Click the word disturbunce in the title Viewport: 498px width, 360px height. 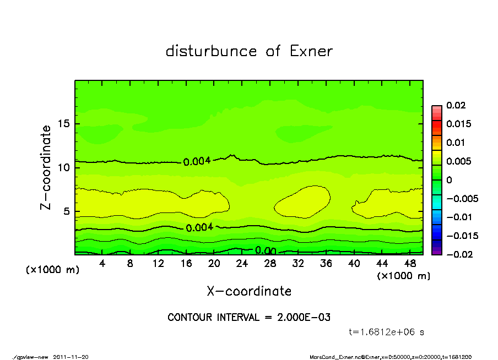(x=212, y=51)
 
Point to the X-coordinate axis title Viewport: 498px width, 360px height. (x=249, y=291)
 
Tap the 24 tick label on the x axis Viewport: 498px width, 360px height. (x=242, y=264)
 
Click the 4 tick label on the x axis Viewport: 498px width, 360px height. (x=102, y=264)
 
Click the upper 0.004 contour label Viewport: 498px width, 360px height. (x=196, y=161)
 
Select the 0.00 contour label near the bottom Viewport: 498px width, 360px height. (x=265, y=251)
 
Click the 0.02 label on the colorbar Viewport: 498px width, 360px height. (x=456, y=105)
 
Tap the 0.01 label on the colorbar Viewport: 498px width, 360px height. (x=456, y=143)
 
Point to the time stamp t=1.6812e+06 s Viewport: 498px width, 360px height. (x=386, y=332)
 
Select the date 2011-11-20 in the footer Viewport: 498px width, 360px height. (x=71, y=357)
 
